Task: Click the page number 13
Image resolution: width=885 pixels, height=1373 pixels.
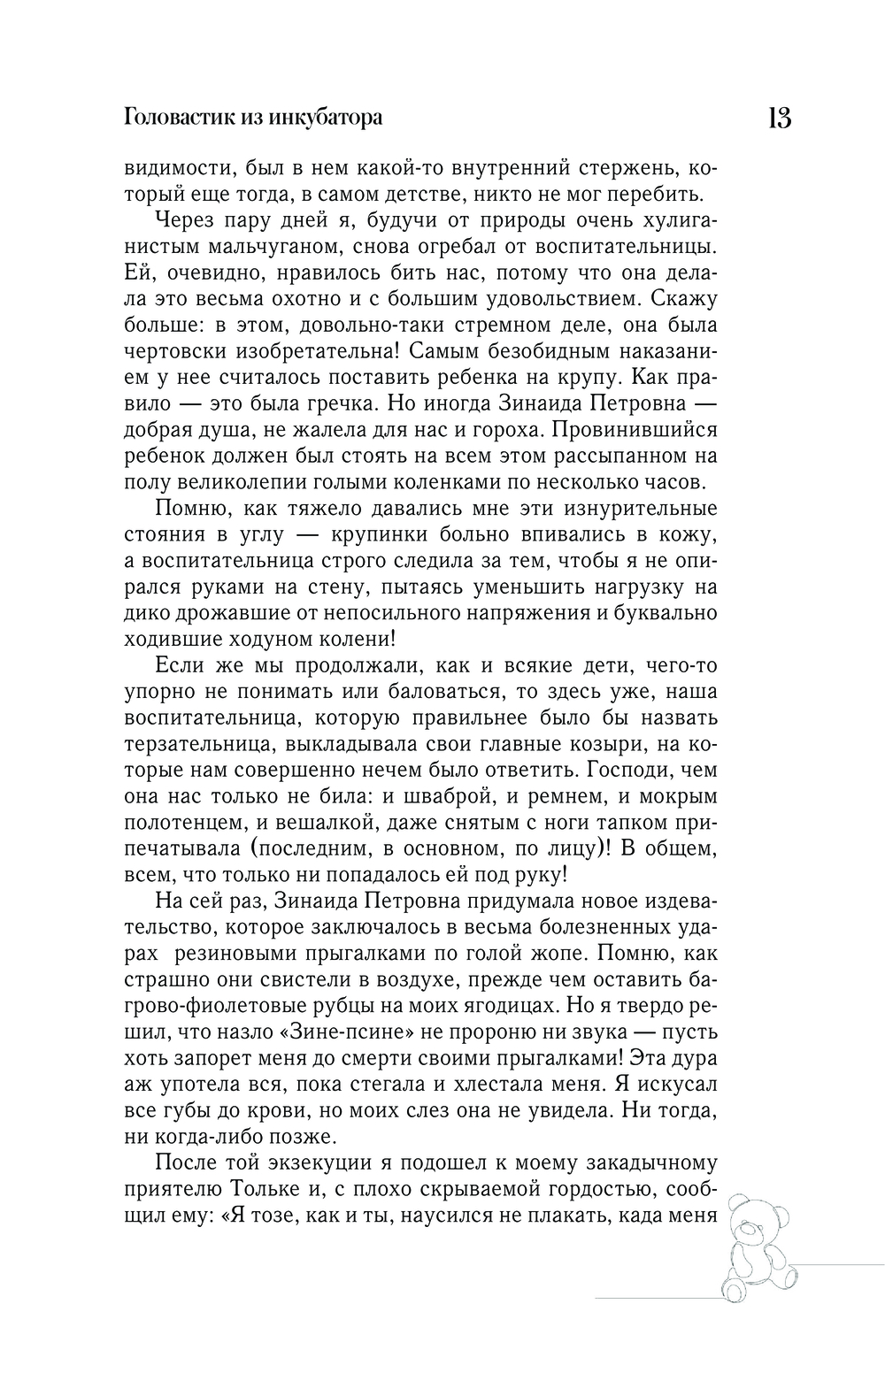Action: [779, 119]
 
